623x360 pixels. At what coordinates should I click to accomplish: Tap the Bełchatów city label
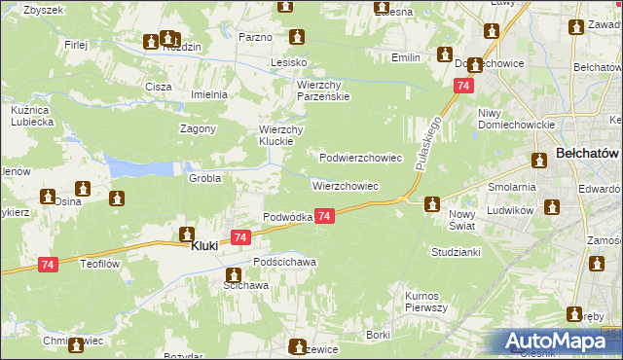pyautogui.click(x=587, y=154)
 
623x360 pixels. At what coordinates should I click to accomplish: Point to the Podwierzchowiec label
pyautogui.click(x=361, y=157)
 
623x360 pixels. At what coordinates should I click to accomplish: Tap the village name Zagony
pyautogui.click(x=198, y=128)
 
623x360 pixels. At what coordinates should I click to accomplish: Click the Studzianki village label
pyautogui.click(x=456, y=251)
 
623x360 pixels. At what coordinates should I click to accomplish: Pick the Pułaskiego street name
pyautogui.click(x=428, y=141)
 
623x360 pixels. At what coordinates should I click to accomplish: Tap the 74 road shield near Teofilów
pyautogui.click(x=49, y=264)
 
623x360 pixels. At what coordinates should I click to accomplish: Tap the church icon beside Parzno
pyautogui.click(x=298, y=37)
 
